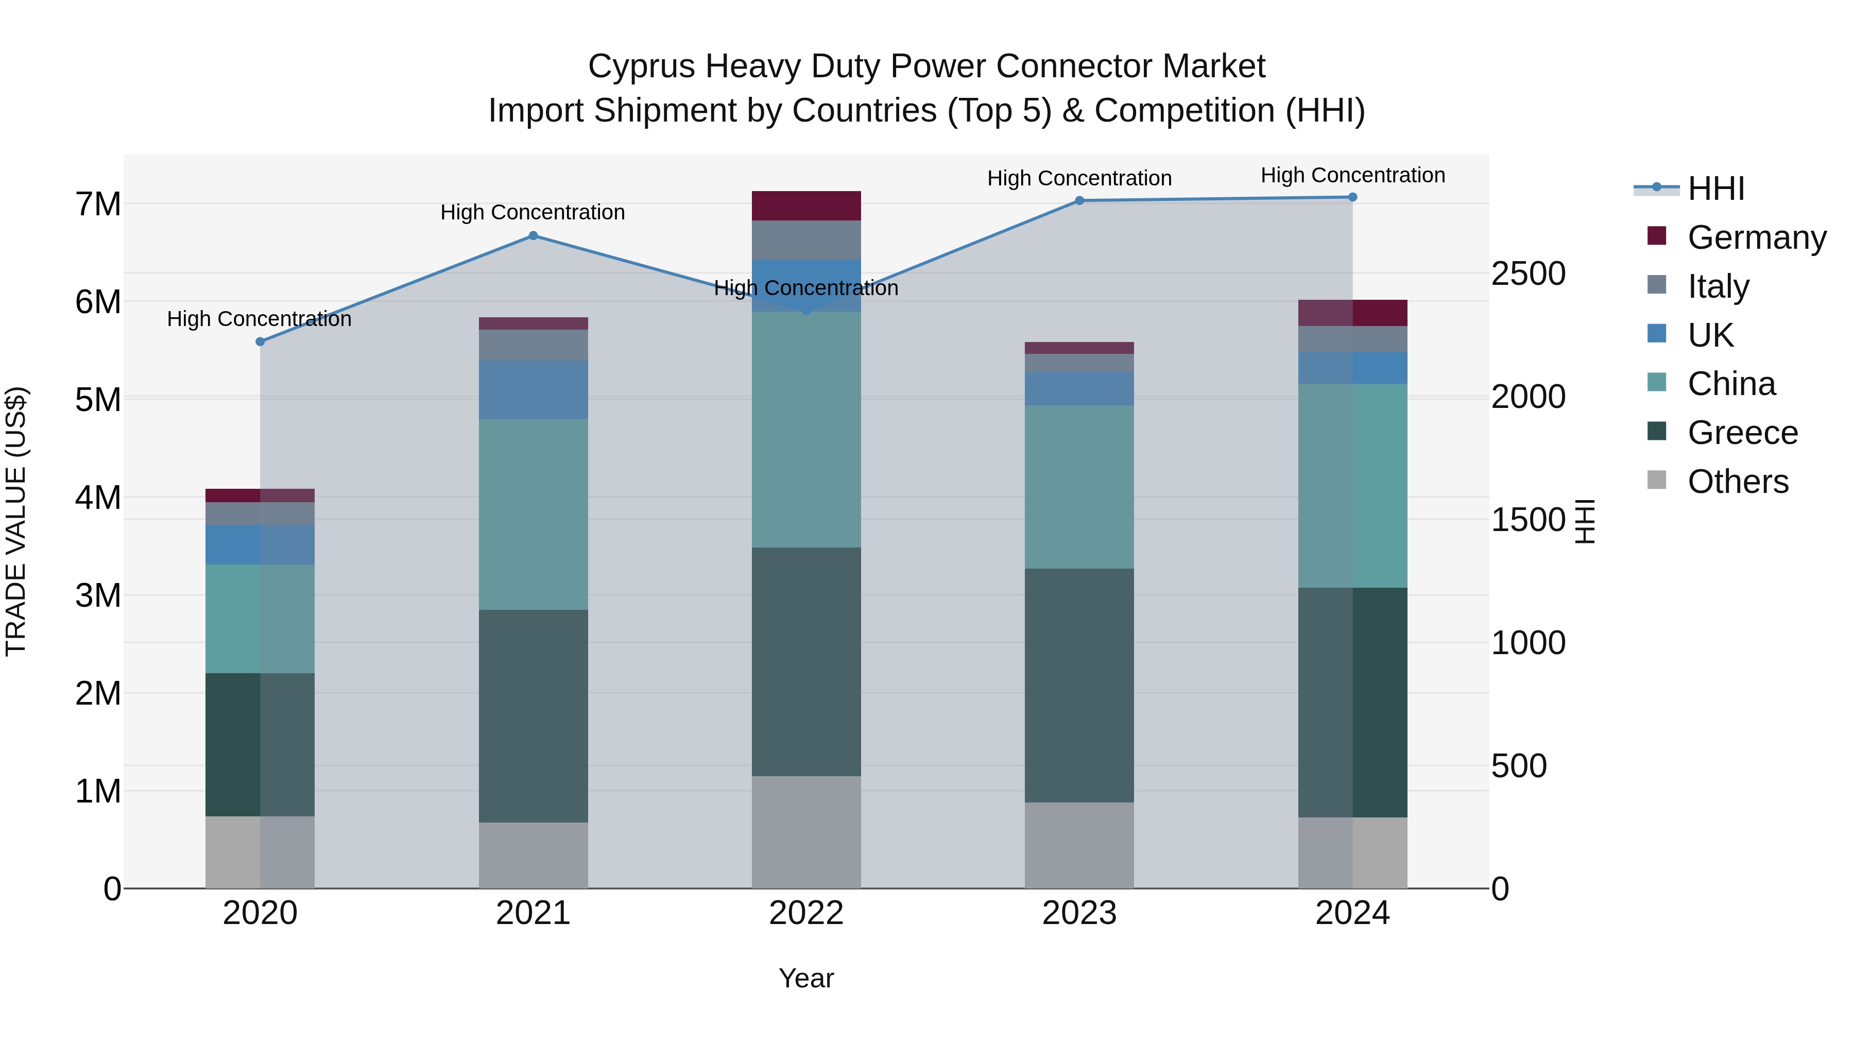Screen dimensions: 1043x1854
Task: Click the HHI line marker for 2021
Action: (x=534, y=235)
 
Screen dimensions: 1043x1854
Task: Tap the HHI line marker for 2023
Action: (x=1079, y=201)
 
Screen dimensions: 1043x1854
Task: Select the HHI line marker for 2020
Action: (x=261, y=342)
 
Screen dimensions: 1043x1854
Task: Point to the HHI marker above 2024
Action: (x=1352, y=197)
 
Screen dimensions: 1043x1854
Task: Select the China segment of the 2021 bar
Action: (x=534, y=515)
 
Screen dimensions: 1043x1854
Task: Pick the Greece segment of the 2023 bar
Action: (x=1079, y=685)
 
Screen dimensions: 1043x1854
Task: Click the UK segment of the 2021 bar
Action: (x=534, y=390)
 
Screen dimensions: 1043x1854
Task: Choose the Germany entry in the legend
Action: (x=1757, y=237)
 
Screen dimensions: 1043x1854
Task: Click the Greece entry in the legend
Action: (x=1742, y=433)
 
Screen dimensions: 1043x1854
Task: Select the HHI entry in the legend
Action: (x=1716, y=189)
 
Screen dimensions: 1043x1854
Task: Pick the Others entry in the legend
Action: (x=1738, y=482)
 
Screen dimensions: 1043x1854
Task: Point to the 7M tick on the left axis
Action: (x=98, y=204)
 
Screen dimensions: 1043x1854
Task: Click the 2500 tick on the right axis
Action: (x=1528, y=274)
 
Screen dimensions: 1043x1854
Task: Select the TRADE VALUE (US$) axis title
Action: (x=16, y=521)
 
